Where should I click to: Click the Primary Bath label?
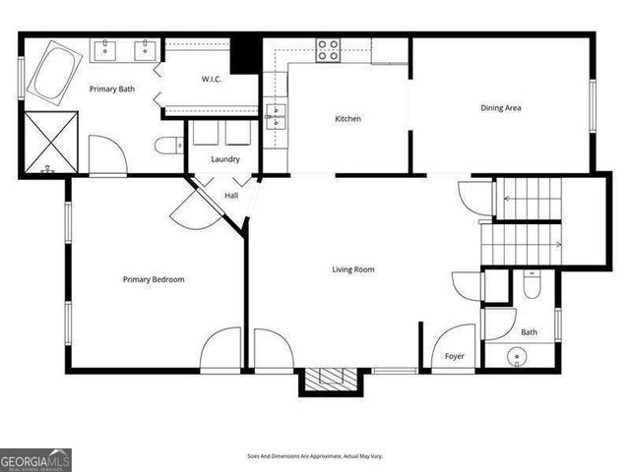112,89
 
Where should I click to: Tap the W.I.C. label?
217,79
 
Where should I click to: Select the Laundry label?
225,159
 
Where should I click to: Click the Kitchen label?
348,119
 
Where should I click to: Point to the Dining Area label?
500,108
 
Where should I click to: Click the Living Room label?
352,269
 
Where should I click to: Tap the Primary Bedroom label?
154,279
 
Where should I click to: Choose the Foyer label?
454,356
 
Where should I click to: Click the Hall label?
231,196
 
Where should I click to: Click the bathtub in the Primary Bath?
50,76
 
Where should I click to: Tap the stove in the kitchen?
328,50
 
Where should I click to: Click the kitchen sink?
276,115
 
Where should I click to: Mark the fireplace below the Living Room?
325,381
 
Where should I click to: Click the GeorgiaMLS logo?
34,460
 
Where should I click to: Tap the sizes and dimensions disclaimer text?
315,456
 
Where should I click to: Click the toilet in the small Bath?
533,286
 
